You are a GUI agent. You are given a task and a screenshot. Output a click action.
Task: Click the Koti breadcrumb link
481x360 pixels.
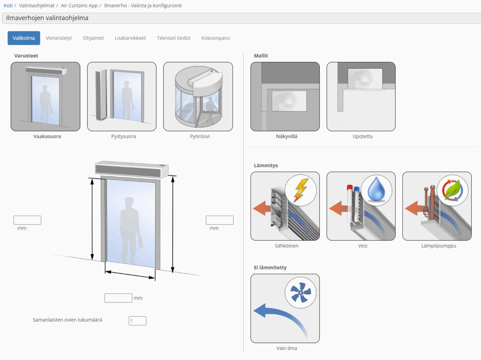click(x=8, y=6)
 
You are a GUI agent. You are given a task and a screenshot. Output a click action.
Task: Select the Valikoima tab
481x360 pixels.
click(x=24, y=38)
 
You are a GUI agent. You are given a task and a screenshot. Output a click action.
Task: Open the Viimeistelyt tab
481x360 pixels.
click(x=59, y=38)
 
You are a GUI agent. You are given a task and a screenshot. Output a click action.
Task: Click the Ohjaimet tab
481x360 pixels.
click(x=93, y=38)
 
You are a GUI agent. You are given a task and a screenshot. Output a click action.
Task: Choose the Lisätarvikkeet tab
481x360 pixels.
click(x=130, y=38)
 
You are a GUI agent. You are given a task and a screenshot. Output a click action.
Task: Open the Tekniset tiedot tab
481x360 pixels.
click(x=174, y=38)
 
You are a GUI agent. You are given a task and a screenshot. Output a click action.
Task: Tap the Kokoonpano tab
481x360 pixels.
click(x=216, y=38)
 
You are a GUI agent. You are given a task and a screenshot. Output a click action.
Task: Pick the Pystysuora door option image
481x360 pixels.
click(x=121, y=96)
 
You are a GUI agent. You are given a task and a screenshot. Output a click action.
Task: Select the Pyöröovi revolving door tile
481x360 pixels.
click(x=198, y=96)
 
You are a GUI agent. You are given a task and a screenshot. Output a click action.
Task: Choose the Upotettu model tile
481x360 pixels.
click(x=361, y=96)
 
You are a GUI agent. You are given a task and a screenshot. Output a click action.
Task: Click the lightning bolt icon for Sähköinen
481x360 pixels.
click(x=301, y=190)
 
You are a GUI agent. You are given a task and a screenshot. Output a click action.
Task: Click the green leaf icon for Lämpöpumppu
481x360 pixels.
click(x=452, y=190)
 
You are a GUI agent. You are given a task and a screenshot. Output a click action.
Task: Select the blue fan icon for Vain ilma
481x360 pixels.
click(x=301, y=293)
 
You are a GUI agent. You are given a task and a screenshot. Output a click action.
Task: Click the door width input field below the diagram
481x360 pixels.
click(x=118, y=298)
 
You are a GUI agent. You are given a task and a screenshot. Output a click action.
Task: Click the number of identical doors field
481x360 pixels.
click(x=137, y=321)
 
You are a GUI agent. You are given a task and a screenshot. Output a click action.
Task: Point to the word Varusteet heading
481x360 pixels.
click(x=26, y=56)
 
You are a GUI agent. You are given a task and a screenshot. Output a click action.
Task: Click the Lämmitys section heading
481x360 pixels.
click(x=266, y=166)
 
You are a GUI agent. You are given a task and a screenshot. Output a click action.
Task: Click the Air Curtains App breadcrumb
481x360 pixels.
click(x=79, y=6)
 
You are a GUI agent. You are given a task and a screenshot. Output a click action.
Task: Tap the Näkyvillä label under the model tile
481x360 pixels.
click(x=287, y=136)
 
